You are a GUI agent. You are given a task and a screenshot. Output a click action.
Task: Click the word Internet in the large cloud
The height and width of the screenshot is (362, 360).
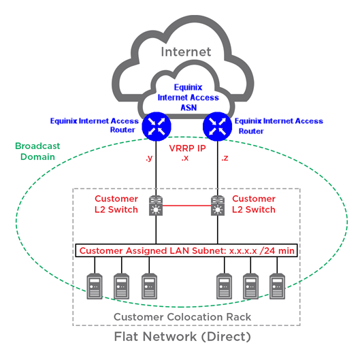186,52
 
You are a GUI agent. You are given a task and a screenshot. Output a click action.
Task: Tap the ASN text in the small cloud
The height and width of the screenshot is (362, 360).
189,108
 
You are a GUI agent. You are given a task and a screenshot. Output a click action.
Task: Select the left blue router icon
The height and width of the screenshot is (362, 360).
157,127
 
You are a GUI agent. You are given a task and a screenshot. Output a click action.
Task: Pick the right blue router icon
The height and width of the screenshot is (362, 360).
217,127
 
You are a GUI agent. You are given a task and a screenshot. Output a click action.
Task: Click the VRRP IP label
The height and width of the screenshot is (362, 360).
187,148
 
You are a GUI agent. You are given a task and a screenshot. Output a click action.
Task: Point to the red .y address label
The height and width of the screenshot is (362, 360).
149,159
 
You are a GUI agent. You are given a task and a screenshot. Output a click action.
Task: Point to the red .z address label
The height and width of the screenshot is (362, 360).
225,158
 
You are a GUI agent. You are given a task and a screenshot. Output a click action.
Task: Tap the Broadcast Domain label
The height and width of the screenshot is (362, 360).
37,151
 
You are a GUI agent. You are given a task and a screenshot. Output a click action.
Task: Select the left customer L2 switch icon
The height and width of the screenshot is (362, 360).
156,205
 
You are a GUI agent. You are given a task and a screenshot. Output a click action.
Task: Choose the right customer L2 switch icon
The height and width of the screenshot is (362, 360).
218,205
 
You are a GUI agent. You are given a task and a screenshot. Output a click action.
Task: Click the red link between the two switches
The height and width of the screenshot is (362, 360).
187,205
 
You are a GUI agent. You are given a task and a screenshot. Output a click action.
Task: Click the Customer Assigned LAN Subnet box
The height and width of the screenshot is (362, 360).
186,250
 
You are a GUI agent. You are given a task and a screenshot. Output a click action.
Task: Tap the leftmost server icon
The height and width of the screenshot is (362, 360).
95,286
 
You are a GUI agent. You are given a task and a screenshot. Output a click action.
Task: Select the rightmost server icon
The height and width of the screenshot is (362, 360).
277,286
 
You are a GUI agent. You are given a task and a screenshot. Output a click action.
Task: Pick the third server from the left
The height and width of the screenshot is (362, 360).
149,286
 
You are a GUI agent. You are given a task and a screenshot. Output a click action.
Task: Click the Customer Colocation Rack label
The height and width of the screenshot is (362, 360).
182,317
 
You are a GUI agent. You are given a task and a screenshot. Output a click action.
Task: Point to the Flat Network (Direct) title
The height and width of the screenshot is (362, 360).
182,337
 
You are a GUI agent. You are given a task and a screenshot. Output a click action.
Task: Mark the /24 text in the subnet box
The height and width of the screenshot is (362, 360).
267,250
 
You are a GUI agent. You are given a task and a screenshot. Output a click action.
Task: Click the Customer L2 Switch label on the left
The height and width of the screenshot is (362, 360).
116,204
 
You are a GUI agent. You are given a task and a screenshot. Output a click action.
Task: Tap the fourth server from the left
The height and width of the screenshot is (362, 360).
224,286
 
